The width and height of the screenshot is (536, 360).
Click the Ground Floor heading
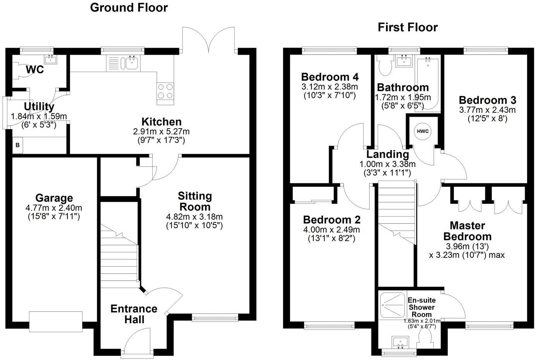(x=129, y=7)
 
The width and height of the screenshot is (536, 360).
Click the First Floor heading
(x=407, y=27)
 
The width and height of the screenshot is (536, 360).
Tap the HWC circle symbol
(x=423, y=131)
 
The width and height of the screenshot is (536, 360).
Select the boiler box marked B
(x=17, y=146)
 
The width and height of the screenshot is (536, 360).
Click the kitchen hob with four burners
(x=165, y=91)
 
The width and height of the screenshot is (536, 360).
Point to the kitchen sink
(x=131, y=63)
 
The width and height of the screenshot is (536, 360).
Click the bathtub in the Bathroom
(x=428, y=83)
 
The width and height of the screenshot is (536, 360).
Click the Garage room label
(x=54, y=198)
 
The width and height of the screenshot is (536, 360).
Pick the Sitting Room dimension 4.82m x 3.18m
(x=194, y=217)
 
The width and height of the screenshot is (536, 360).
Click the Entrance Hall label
(x=134, y=314)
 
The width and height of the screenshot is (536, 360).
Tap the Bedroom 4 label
(x=330, y=76)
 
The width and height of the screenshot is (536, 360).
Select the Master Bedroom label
(x=467, y=231)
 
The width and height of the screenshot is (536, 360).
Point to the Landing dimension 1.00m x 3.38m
(x=387, y=164)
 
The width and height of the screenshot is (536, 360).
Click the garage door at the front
(x=56, y=321)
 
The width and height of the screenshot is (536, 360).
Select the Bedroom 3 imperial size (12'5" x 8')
(x=488, y=119)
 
